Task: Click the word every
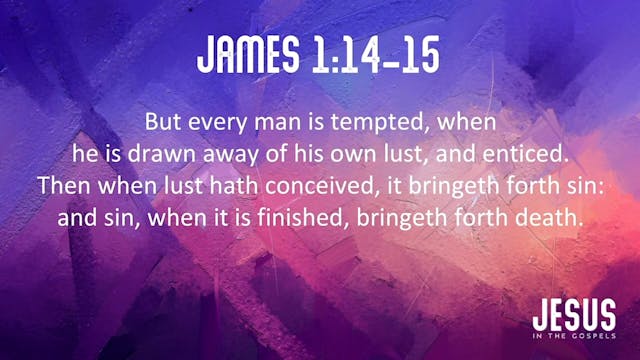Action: (x=212, y=123)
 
